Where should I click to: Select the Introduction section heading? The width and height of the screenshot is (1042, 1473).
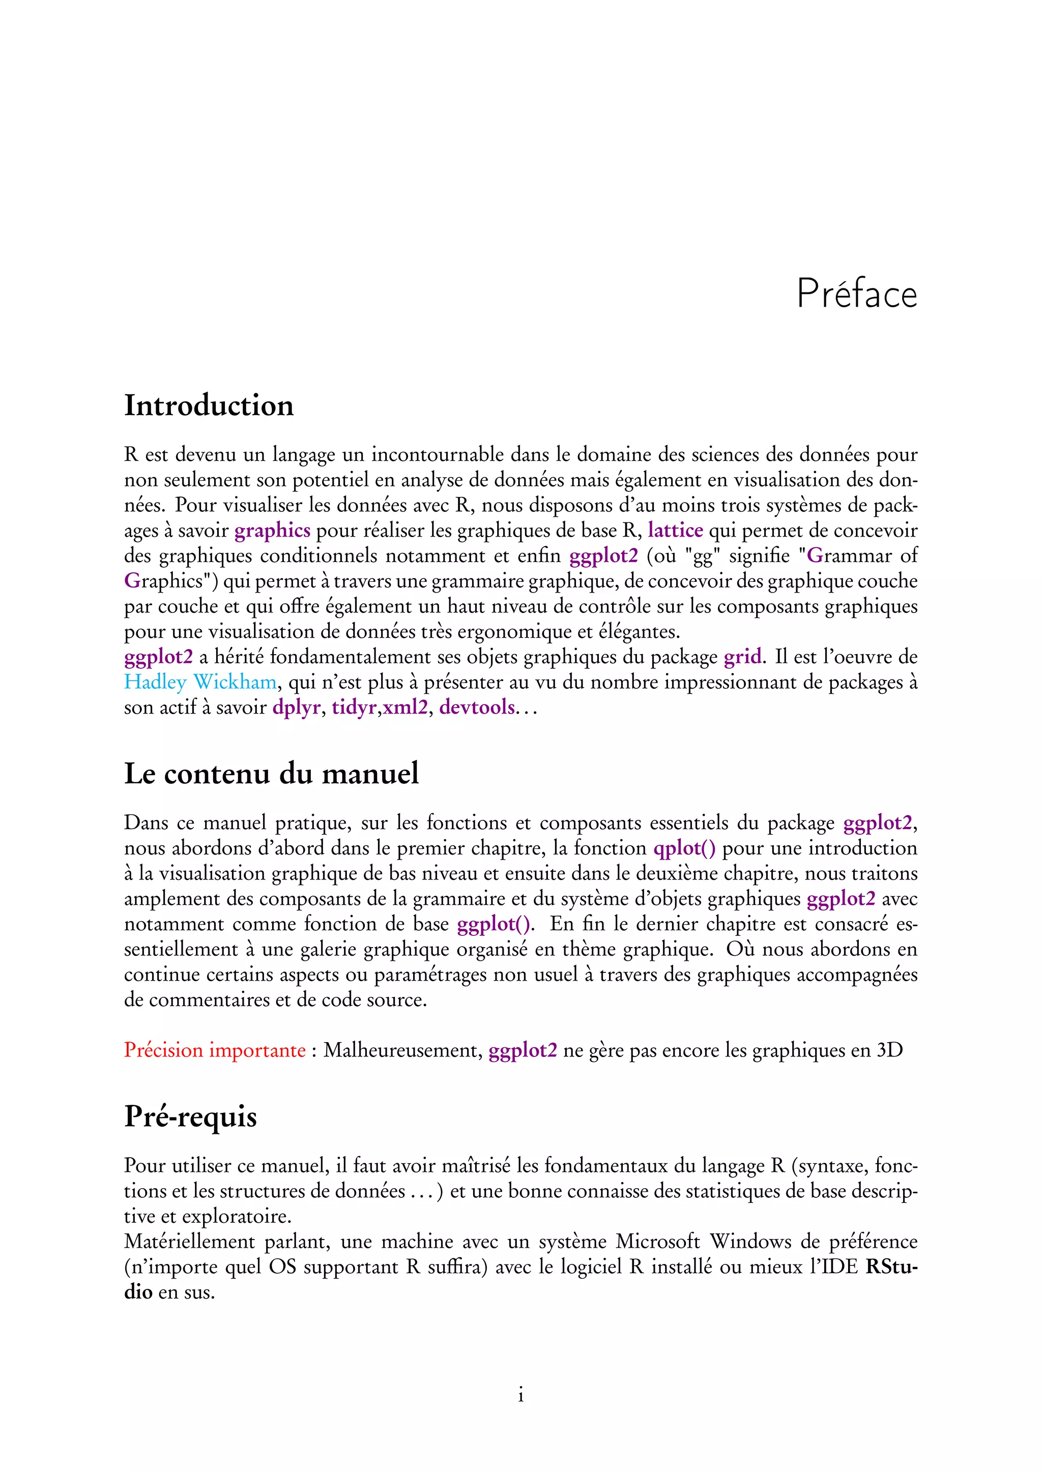[x=209, y=405]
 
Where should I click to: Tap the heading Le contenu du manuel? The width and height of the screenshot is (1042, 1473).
[x=271, y=773]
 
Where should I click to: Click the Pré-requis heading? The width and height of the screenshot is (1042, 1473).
[x=191, y=1116]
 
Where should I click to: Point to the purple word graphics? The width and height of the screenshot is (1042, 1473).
[x=272, y=531]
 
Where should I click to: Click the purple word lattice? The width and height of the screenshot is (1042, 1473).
[x=675, y=531]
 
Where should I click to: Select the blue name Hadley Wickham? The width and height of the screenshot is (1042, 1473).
[x=200, y=682]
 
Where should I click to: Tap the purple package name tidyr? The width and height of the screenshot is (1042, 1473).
[x=353, y=708]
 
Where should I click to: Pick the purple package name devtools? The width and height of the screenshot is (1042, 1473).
[x=477, y=707]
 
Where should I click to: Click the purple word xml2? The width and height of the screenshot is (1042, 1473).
[x=405, y=708]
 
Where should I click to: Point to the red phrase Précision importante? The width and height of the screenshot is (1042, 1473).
[x=214, y=1050]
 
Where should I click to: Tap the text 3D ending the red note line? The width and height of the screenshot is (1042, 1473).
[x=889, y=1050]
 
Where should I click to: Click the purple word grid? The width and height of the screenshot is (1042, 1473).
[x=743, y=657]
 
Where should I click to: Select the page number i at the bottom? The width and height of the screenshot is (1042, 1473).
[x=520, y=1395]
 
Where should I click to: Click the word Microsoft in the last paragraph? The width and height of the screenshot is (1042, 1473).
[x=657, y=1242]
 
